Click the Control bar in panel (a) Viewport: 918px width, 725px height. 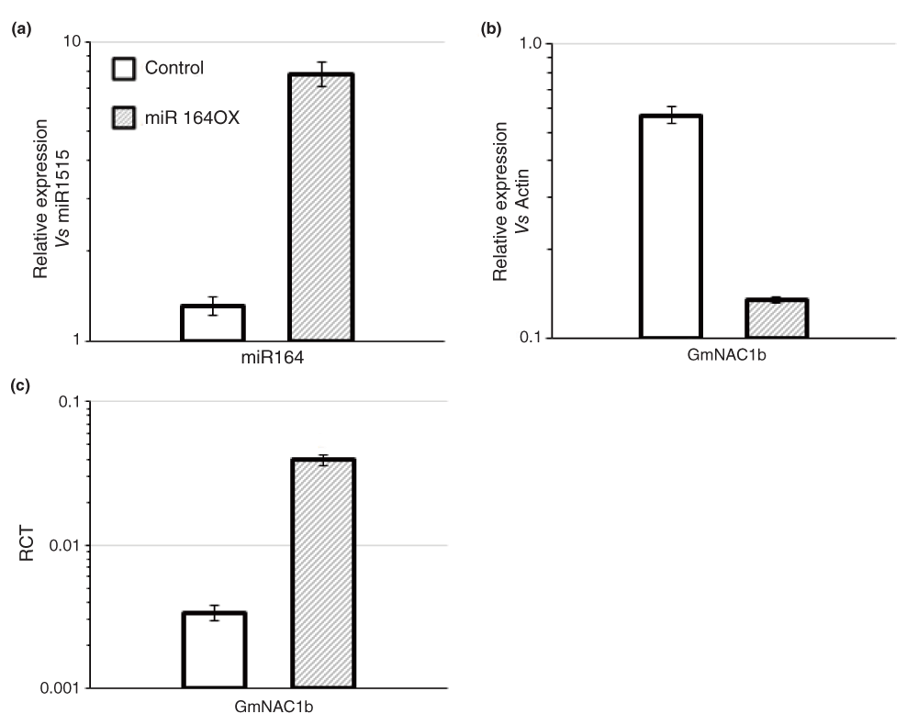pyautogui.click(x=212, y=323)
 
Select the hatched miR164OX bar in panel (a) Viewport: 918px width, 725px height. pyautogui.click(x=321, y=206)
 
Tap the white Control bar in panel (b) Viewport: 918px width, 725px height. pyautogui.click(x=670, y=226)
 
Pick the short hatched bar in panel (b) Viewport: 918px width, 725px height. pyautogui.click(x=777, y=318)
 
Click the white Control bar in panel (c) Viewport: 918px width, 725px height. pyautogui.click(x=214, y=650)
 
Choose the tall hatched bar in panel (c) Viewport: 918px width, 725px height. pyautogui.click(x=323, y=573)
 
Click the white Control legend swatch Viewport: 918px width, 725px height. pyautogui.click(x=123, y=68)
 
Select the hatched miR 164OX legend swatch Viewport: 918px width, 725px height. pyautogui.click(x=123, y=117)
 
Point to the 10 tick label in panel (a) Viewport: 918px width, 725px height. pyautogui.click(x=71, y=42)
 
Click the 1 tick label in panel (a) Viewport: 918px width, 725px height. pyautogui.click(x=75, y=340)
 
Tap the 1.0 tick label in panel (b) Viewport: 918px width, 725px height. pyautogui.click(x=532, y=43)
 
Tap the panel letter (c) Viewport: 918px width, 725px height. pyautogui.click(x=19, y=385)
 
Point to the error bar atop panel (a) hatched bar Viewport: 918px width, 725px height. pyautogui.click(x=321, y=73)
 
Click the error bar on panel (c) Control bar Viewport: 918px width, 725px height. pyautogui.click(x=214, y=613)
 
